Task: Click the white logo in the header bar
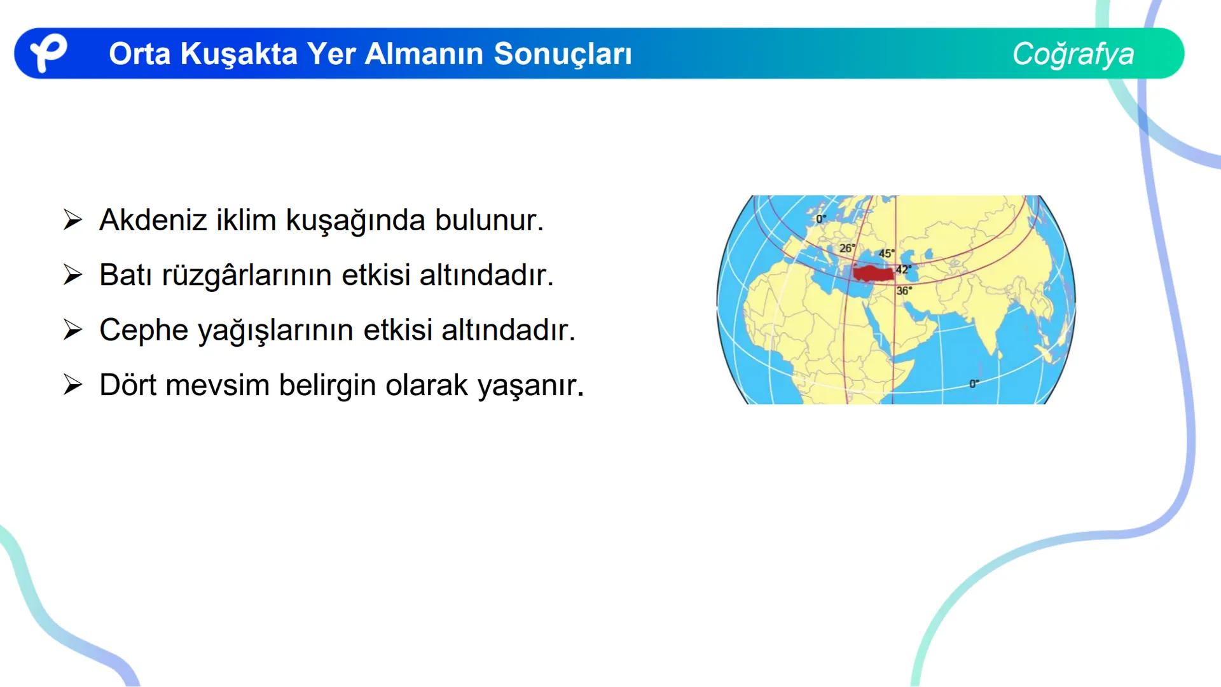(48, 53)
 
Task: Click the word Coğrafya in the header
(1073, 54)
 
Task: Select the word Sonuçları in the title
(563, 54)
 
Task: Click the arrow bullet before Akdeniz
(73, 220)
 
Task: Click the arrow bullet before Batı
(73, 275)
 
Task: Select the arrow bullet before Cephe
(73, 330)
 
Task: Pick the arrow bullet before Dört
(73, 385)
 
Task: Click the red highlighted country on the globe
(871, 274)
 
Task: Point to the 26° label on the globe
(847, 248)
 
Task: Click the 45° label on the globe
(886, 253)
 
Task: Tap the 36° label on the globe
(904, 291)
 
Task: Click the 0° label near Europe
(821, 218)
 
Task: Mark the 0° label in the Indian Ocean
(974, 384)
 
